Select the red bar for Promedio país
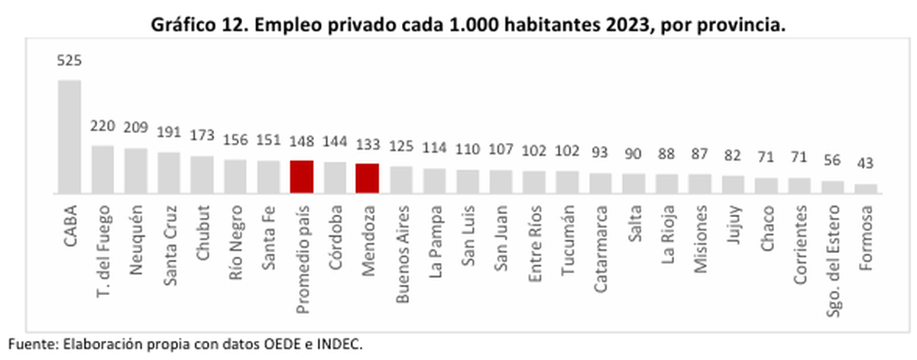pos(302,177)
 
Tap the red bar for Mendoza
pos(368,178)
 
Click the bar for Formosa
pos(866,188)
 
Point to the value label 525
pos(70,60)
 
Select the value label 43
pos(866,164)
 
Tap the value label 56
pos(833,161)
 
